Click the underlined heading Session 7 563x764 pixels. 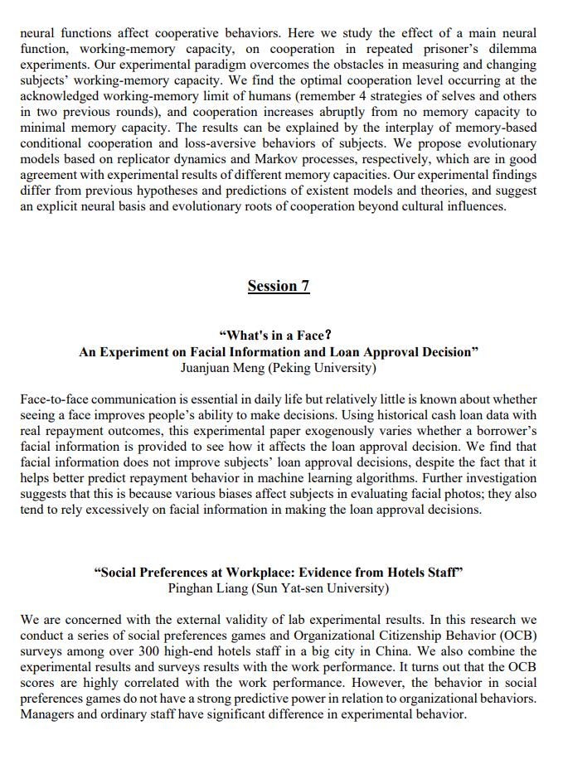coord(279,286)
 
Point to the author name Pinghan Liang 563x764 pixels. coord(204,588)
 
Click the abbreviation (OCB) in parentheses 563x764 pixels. coord(517,635)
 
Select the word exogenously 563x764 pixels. coord(359,431)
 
